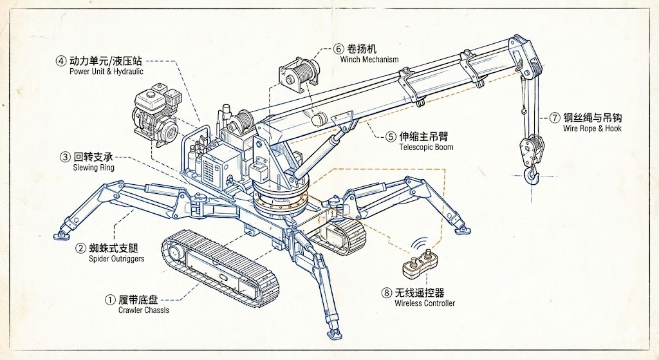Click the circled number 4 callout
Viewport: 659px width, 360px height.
pyautogui.click(x=61, y=62)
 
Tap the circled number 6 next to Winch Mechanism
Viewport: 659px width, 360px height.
pyautogui.click(x=339, y=49)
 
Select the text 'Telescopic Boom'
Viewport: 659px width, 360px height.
pyautogui.click(x=425, y=147)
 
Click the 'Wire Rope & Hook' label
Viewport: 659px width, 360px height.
pyautogui.click(x=592, y=128)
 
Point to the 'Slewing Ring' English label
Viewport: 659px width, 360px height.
pyautogui.click(x=94, y=167)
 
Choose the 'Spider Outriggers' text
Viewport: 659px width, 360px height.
pyautogui.click(x=116, y=258)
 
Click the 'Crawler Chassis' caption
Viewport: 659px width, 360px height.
pyautogui.click(x=144, y=310)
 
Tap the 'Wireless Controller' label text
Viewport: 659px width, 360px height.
pyautogui.click(x=424, y=303)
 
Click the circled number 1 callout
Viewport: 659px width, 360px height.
pyautogui.click(x=111, y=299)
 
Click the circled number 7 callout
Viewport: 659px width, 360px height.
pyautogui.click(x=555, y=118)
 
